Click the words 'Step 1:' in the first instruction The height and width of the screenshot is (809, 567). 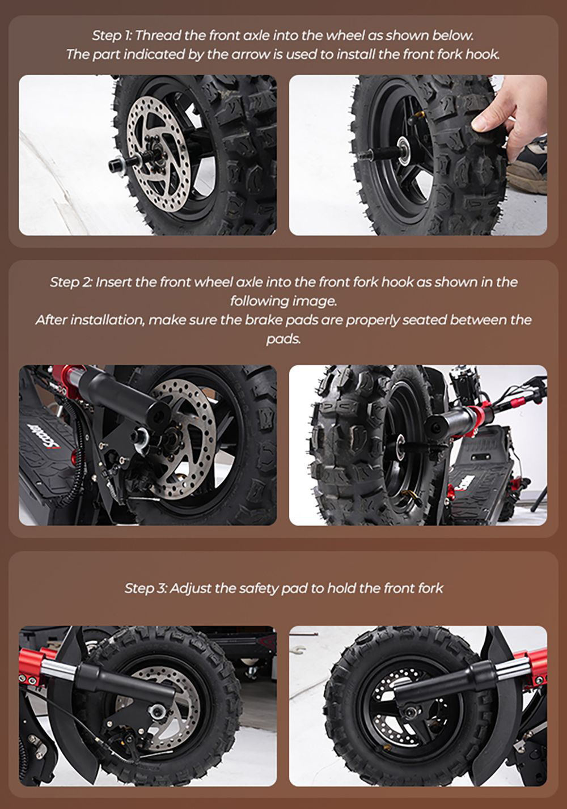tap(112, 36)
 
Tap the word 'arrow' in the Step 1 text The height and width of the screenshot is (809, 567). tap(239, 54)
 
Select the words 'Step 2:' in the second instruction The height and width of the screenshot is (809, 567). tap(71, 282)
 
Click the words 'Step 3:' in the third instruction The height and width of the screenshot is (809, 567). tap(145, 588)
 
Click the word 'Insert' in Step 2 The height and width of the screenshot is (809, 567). tap(114, 282)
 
